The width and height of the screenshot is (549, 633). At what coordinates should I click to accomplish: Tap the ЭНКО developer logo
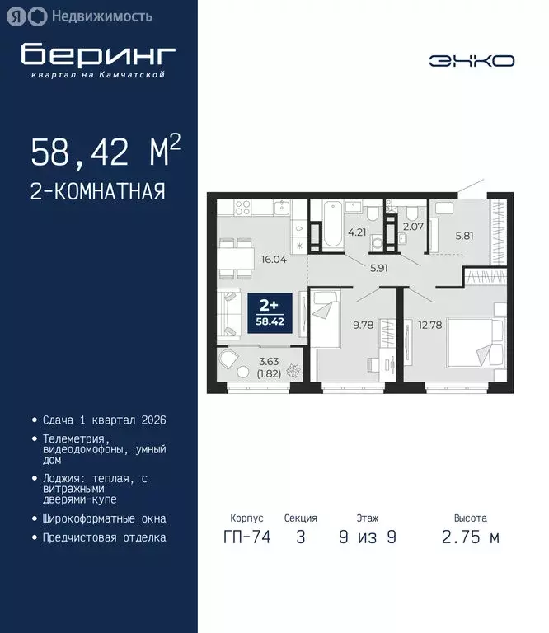472,60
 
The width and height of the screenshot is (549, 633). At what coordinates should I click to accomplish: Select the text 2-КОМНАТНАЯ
98,192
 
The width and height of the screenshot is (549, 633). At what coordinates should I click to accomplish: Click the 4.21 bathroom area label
357,232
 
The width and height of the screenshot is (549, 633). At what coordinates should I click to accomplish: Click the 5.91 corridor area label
379,266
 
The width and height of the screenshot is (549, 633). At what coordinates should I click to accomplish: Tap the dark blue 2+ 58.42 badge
270,314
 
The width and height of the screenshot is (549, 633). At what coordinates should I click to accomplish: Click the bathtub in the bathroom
331,225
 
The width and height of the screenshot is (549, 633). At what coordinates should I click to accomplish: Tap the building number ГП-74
243,537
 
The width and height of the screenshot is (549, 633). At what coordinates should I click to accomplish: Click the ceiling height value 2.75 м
471,537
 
